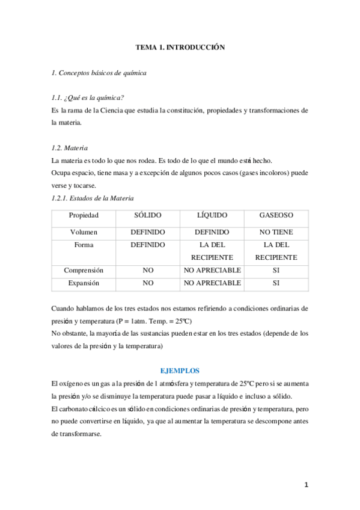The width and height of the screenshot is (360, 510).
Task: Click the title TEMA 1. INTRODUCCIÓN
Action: pyautogui.click(x=180, y=48)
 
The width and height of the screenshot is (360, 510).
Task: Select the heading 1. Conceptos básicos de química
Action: pyautogui.click(x=99, y=73)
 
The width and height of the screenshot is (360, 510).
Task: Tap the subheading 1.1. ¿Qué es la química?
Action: pyautogui.click(x=88, y=99)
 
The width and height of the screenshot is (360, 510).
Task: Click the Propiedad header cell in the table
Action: pyautogui.click(x=84, y=215)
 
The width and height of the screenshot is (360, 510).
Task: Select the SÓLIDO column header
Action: pyautogui.click(x=148, y=215)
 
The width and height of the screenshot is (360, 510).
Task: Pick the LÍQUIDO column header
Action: pyautogui.click(x=212, y=215)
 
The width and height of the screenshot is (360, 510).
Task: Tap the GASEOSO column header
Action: pyautogui.click(x=276, y=215)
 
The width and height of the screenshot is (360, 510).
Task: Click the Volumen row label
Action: pyautogui.click(x=84, y=232)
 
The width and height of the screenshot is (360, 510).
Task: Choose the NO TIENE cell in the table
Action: pyautogui.click(x=276, y=232)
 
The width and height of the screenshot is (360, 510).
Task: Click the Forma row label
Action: pyautogui.click(x=84, y=245)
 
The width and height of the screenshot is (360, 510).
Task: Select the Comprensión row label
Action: pyautogui.click(x=84, y=271)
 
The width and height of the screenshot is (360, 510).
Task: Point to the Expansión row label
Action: pyautogui.click(x=84, y=283)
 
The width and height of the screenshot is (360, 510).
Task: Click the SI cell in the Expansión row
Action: pyautogui.click(x=276, y=283)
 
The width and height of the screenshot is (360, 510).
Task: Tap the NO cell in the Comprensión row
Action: pyautogui.click(x=148, y=271)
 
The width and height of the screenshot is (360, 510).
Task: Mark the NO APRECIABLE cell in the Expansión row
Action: pyautogui.click(x=212, y=283)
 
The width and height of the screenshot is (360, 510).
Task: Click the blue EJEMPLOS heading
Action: pyautogui.click(x=180, y=370)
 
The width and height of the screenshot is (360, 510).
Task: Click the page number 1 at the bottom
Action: pyautogui.click(x=306, y=485)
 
